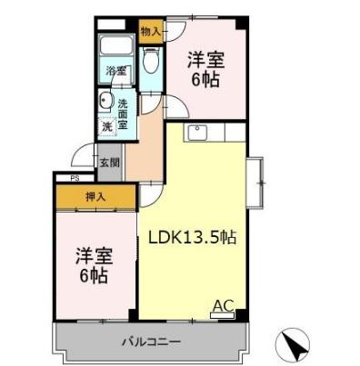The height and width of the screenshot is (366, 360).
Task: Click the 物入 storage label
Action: pyautogui.click(x=152, y=31)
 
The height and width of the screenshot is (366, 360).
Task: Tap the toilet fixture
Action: pyautogui.click(x=152, y=60)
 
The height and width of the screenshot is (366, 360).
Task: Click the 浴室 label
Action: pyautogui.click(x=115, y=71)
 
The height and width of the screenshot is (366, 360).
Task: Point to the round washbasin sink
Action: pyautogui.click(x=105, y=102)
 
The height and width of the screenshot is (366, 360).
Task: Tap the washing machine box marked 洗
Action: pyautogui.click(x=107, y=127)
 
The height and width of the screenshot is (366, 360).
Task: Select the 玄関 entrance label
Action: pyautogui.click(x=108, y=163)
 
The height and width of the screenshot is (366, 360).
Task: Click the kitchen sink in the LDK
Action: pyautogui.click(x=197, y=134)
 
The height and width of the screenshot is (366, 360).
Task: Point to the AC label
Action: pyautogui.click(x=222, y=305)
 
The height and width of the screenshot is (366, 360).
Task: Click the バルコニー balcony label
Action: pyautogui.click(x=152, y=342)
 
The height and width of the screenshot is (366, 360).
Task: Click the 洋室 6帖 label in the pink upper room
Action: pyautogui.click(x=205, y=69)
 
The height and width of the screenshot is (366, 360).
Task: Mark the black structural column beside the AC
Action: pyautogui.click(x=241, y=314)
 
